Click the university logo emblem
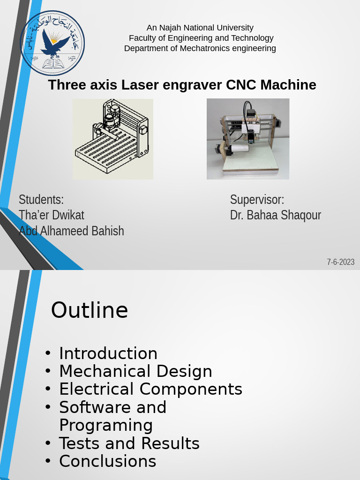click(52, 43)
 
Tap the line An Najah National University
click(200, 28)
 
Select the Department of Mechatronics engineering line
click(200, 48)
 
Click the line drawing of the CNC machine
click(113, 139)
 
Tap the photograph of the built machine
click(248, 139)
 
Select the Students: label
click(41, 199)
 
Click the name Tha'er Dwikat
click(52, 215)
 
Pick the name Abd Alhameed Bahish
click(71, 231)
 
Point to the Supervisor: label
click(257, 199)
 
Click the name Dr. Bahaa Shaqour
click(276, 215)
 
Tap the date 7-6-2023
click(341, 262)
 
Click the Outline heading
click(90, 310)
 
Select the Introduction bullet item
click(108, 353)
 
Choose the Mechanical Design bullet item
click(135, 371)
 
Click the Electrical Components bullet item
click(150, 389)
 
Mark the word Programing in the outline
click(106, 425)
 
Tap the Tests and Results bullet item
click(129, 443)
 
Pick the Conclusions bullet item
click(108, 461)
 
